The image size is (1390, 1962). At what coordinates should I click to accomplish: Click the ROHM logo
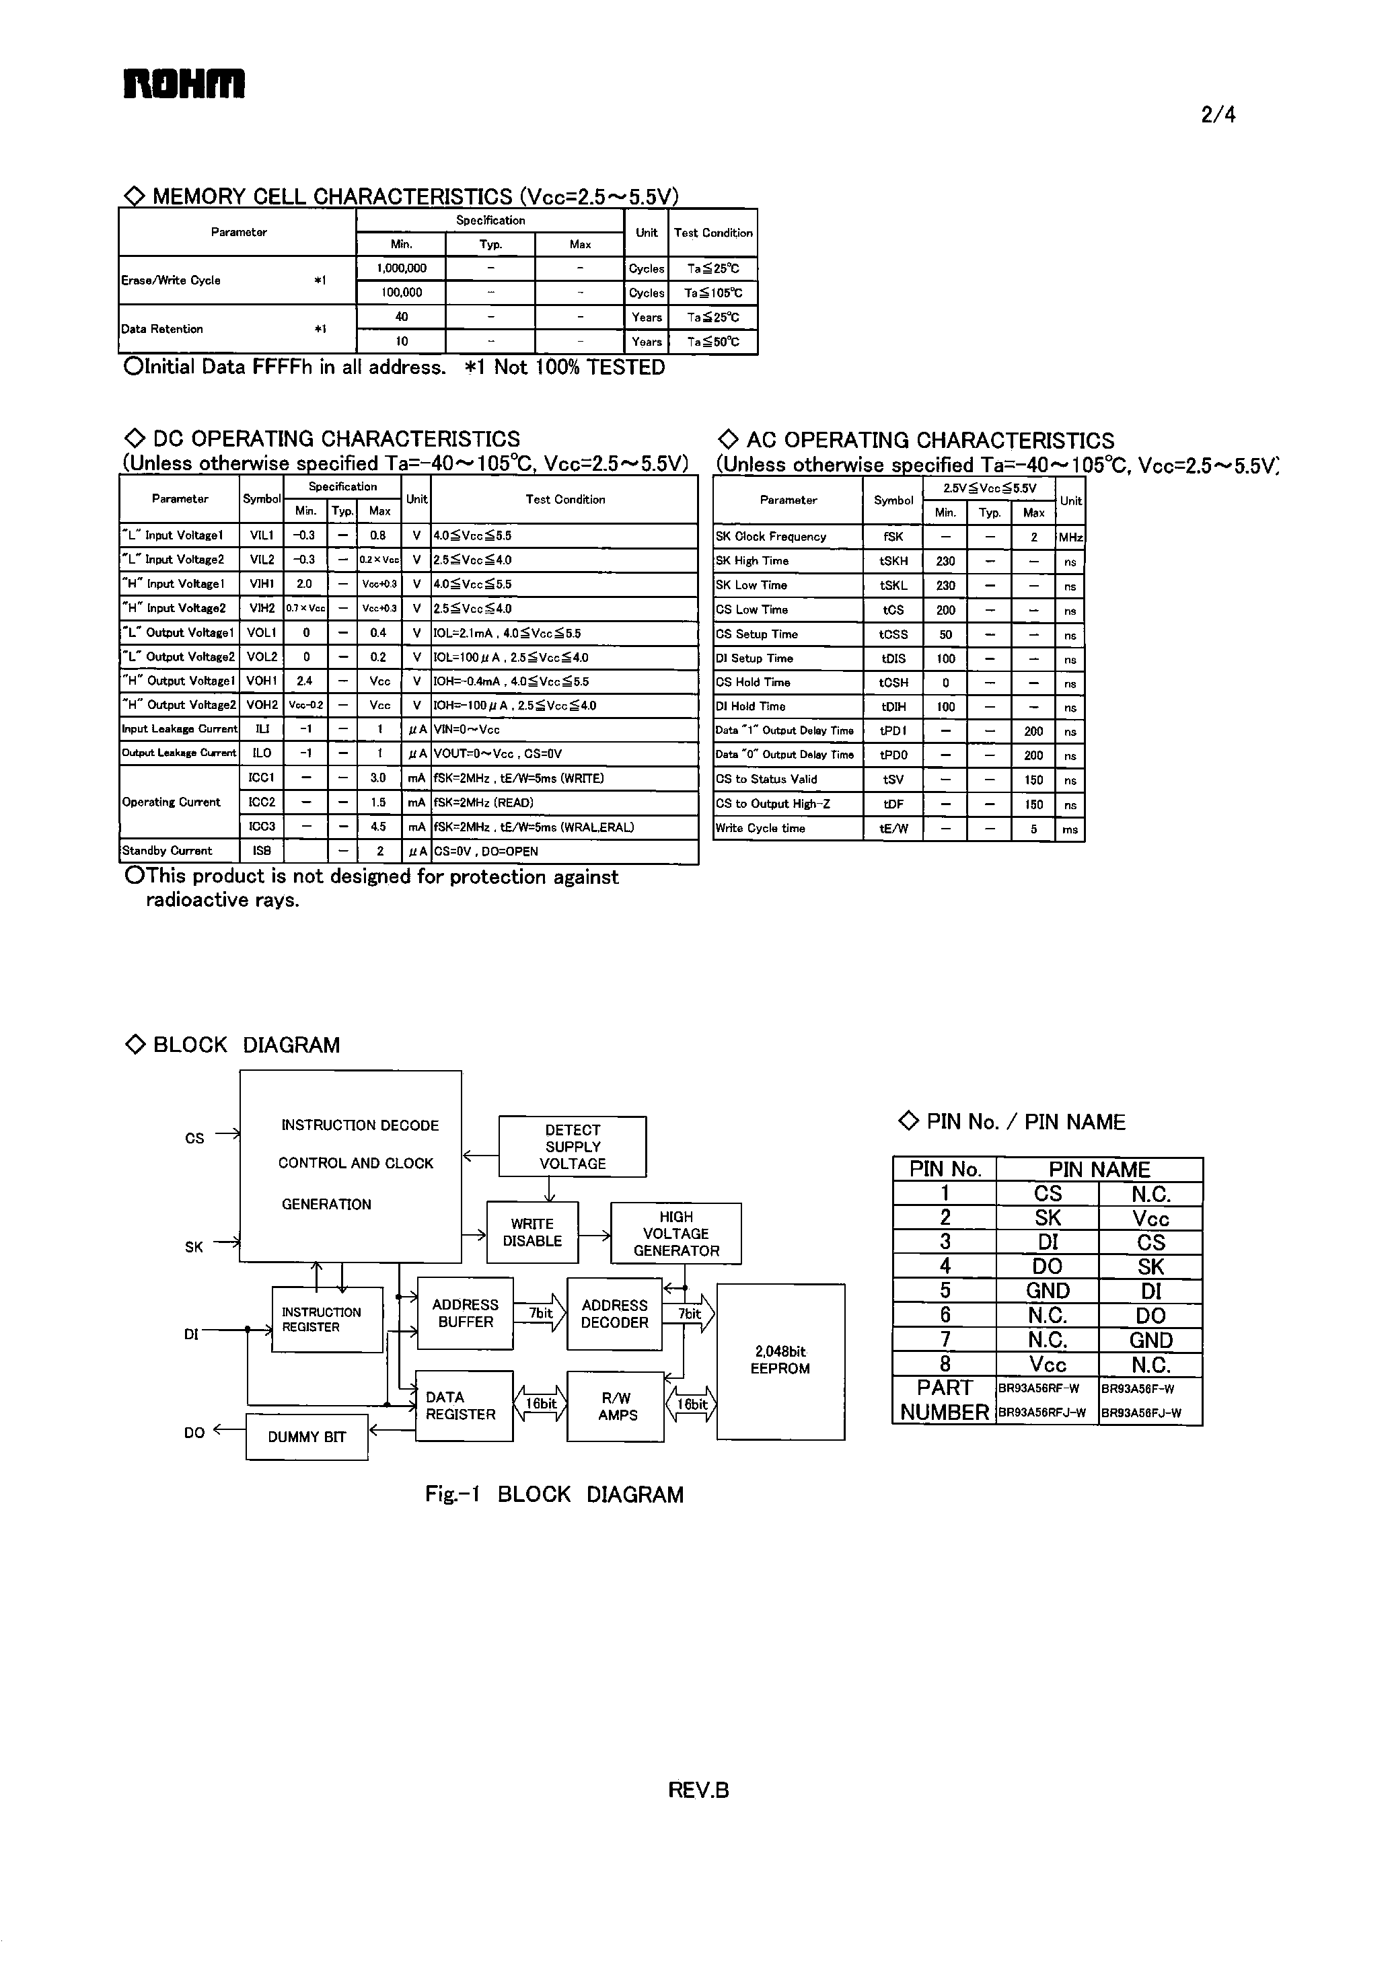coord(184,84)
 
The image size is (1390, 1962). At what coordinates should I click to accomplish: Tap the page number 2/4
coord(1218,114)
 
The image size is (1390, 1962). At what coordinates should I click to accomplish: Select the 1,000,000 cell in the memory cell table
coord(402,268)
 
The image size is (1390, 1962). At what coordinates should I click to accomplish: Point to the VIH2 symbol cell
coord(262,608)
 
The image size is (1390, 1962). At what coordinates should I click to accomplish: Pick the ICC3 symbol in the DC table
coord(262,827)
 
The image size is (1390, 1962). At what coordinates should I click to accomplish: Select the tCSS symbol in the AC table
coord(893,635)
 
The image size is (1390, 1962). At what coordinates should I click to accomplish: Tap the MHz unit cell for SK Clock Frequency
coord(1070,538)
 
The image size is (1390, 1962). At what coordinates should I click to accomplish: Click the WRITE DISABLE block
coord(532,1233)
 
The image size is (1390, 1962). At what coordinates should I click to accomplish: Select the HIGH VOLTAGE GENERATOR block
coord(676,1234)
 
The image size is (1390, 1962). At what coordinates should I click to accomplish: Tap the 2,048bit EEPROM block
coord(780,1361)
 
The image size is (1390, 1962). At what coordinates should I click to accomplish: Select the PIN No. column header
coord(945,1170)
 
